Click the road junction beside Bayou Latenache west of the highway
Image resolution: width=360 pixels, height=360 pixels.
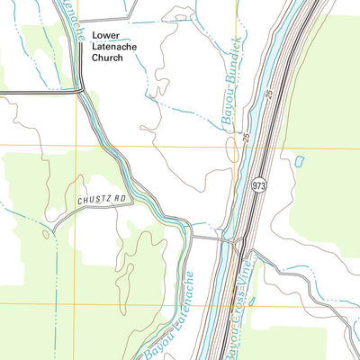point(191,238)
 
